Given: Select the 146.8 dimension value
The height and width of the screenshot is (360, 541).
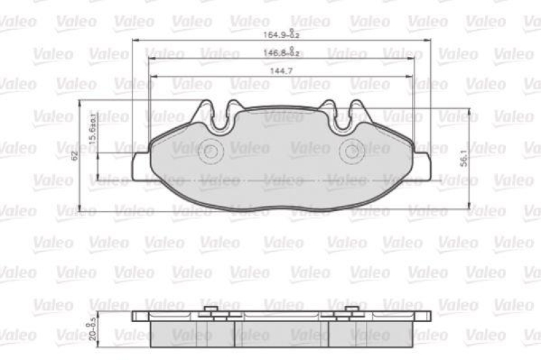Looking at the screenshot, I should pos(281,52).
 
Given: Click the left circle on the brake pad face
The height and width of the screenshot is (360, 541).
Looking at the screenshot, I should pos(211,151).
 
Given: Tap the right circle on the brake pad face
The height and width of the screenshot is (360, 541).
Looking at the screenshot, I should pos(351,151).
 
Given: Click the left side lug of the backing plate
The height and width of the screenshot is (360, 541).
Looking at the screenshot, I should pos(140,164).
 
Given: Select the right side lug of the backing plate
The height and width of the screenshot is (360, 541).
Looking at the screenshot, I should pos(422,164).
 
